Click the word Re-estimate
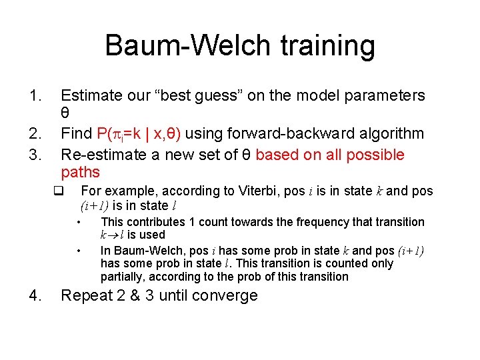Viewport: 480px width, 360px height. (101, 155)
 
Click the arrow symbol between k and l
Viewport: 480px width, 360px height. (113, 235)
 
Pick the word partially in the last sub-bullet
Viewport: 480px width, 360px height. (123, 277)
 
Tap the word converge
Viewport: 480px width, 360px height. (225, 296)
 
